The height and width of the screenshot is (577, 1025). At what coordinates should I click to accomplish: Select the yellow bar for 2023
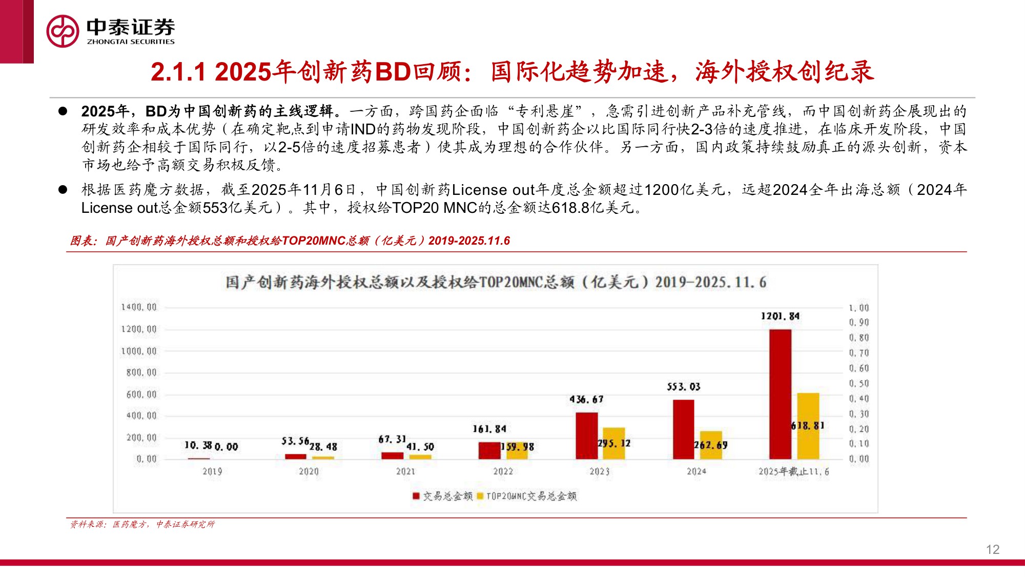614,444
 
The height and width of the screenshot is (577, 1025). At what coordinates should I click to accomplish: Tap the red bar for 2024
683,429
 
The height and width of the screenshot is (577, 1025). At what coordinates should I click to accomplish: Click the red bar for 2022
489,450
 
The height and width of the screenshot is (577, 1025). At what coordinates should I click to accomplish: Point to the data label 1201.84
780,316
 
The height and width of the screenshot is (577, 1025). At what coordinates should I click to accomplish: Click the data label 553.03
683,387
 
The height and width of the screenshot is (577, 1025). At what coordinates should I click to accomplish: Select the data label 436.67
586,400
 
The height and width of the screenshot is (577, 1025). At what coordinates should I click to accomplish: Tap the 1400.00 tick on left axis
139,307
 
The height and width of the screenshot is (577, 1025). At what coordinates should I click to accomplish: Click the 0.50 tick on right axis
859,384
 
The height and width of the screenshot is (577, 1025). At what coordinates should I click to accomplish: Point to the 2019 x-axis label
212,471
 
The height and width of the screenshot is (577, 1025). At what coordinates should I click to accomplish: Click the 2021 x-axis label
405,471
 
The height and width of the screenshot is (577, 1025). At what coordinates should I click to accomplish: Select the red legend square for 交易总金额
416,496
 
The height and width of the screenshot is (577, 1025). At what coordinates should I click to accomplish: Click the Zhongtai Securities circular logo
63,31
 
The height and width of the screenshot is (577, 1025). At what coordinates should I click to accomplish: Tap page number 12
992,550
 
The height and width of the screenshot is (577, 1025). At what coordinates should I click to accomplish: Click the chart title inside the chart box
496,282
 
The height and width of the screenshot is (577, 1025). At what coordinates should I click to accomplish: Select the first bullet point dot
63,111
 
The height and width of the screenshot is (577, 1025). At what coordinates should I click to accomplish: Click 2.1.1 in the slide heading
178,72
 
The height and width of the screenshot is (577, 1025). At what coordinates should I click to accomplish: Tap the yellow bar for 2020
323,457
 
